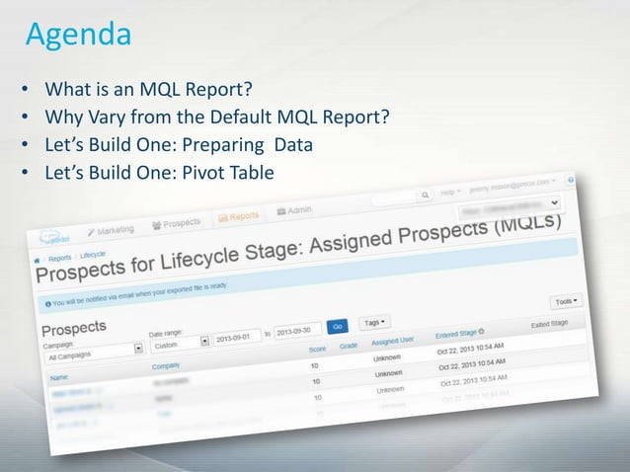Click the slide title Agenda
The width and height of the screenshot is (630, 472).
pos(78,36)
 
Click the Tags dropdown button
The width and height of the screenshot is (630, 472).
pos(376,321)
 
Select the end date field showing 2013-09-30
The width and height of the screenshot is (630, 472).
pos(298,329)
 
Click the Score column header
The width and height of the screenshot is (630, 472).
pos(317,348)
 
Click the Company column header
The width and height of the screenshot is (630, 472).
pos(167,365)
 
